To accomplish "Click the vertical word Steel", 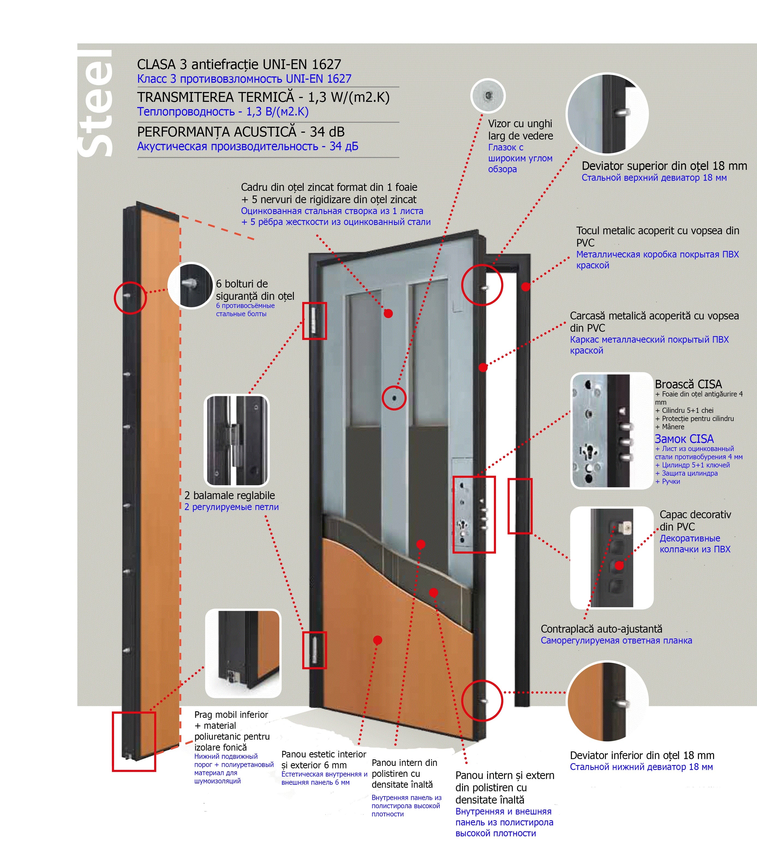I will click(96, 103).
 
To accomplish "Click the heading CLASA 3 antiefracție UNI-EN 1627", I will click(239, 64).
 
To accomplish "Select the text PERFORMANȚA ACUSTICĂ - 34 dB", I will click(241, 132).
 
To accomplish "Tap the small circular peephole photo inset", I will click(487, 96).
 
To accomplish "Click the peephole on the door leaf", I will click(394, 398).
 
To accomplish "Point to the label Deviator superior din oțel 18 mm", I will click(664, 166).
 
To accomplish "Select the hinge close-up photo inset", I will click(237, 440).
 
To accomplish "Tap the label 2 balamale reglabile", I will click(230, 496).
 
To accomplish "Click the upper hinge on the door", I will click(315, 321).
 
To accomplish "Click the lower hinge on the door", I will click(315, 650).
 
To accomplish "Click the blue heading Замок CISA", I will click(684, 439).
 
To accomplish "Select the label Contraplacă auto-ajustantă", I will click(601, 629).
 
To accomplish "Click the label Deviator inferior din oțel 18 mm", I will click(642, 755).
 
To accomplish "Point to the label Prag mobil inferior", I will click(231, 715).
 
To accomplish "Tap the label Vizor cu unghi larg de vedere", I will click(520, 130).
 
